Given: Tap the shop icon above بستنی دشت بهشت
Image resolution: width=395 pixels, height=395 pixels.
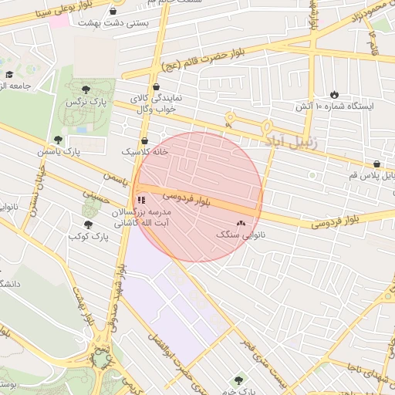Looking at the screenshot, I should pyautogui.click(x=114, y=12).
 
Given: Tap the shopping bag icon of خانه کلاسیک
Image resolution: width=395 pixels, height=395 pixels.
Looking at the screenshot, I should pyautogui.click(x=146, y=141).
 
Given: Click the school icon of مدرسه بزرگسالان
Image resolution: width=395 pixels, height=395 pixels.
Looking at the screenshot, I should pyautogui.click(x=141, y=200).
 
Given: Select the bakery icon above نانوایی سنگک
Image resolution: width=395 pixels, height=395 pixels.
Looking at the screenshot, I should pyautogui.click(x=241, y=223).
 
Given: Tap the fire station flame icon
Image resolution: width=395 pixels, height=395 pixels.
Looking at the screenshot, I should pyautogui.click(x=333, y=93).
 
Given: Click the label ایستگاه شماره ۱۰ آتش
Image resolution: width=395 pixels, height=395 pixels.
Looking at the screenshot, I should pyautogui.click(x=339, y=106).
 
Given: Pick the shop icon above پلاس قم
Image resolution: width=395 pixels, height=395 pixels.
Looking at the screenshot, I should pyautogui.click(x=376, y=164).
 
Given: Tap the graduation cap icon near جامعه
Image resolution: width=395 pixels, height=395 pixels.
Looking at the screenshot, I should pyautogui.click(x=9, y=75).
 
